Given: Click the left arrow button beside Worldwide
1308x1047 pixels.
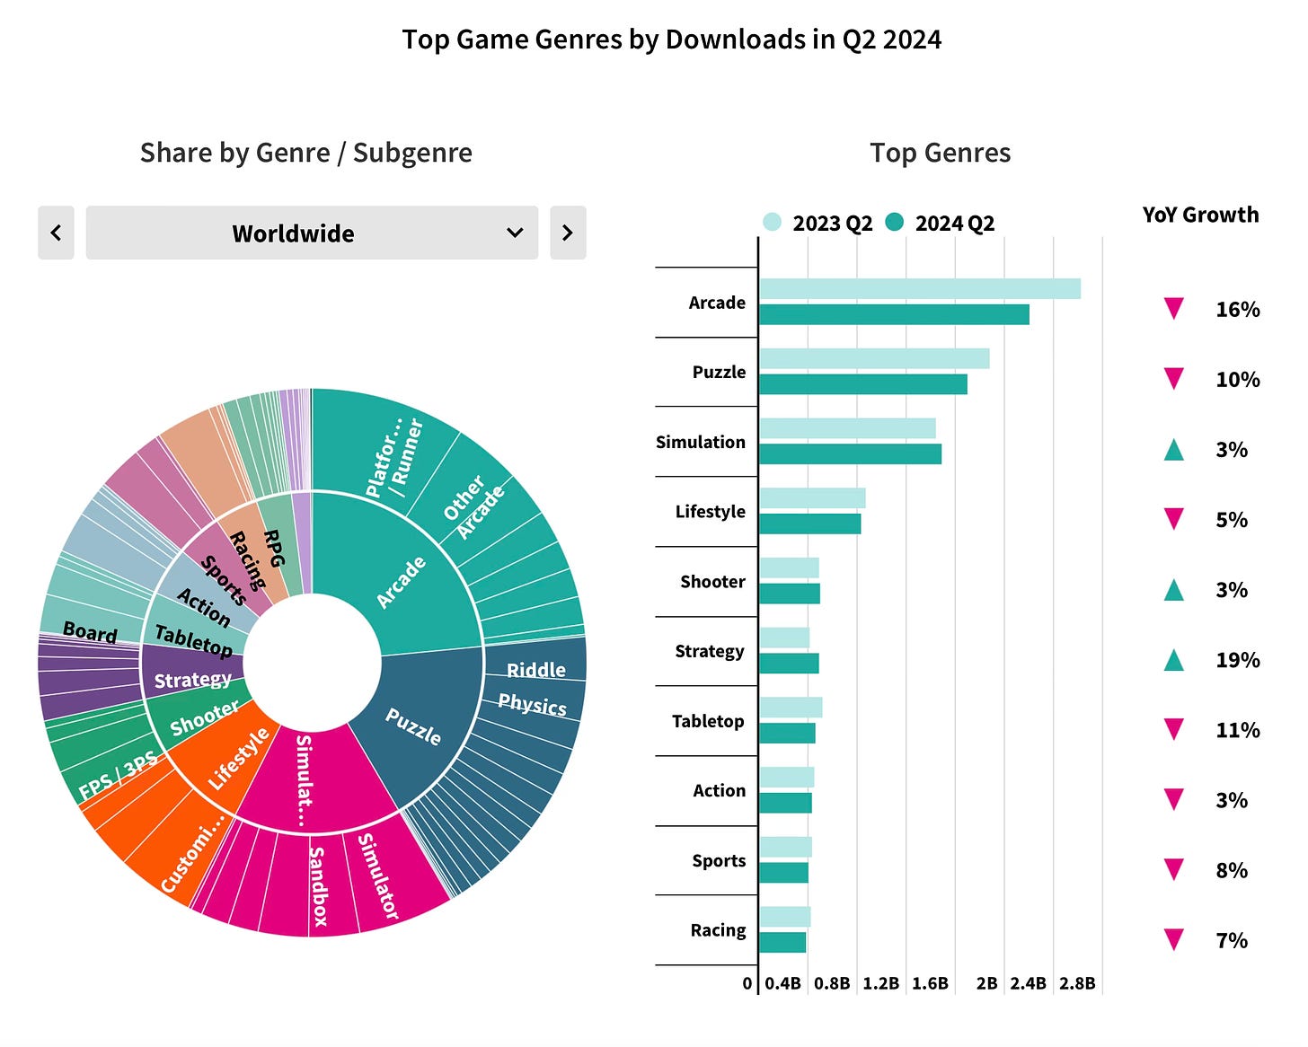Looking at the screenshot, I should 56,233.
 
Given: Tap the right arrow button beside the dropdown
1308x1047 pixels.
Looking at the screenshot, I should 568,233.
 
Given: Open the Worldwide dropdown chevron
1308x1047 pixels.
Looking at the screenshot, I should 515,233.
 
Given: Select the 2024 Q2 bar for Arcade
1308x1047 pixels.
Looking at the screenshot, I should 894,314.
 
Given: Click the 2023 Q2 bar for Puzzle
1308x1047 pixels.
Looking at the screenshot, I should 874,358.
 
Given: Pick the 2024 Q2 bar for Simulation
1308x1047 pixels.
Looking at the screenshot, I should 850,453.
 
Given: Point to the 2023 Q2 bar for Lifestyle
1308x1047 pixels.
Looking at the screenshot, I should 812,498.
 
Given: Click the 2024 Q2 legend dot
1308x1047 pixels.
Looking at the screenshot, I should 894,222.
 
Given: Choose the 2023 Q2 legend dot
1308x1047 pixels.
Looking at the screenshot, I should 772,222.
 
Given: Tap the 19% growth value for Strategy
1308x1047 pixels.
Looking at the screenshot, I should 1237,660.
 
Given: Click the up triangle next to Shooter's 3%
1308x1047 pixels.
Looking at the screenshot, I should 1173,590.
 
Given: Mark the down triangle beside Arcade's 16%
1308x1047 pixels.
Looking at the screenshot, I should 1173,309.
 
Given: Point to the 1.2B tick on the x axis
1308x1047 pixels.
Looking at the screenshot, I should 880,983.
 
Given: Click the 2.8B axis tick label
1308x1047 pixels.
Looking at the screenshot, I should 1076,983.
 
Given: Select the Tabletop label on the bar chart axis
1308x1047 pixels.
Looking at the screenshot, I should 708,721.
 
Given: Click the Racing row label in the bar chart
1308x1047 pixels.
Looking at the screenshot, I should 718,930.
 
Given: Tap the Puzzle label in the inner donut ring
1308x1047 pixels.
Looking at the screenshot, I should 413,726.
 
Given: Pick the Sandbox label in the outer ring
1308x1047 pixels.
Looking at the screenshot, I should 319,885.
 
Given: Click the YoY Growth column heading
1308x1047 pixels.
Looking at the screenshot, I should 1200,215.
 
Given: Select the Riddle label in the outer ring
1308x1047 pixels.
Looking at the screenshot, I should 536,670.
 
